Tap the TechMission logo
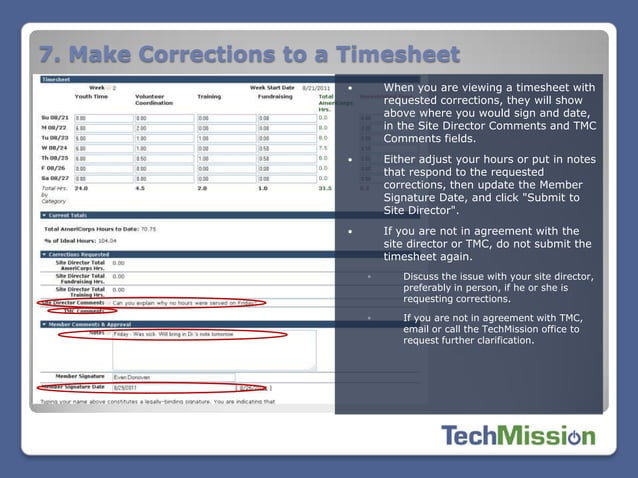517,436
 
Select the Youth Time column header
92,97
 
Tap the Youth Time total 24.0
81,187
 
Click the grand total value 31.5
324,187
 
